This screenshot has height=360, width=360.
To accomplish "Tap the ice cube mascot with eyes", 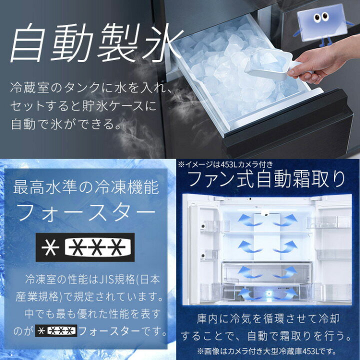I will pyautogui.click(x=320, y=20).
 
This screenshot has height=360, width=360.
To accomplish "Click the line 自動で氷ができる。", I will pyautogui.click(x=66, y=122).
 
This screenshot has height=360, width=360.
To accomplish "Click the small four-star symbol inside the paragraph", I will pyautogui.click(x=55, y=331).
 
